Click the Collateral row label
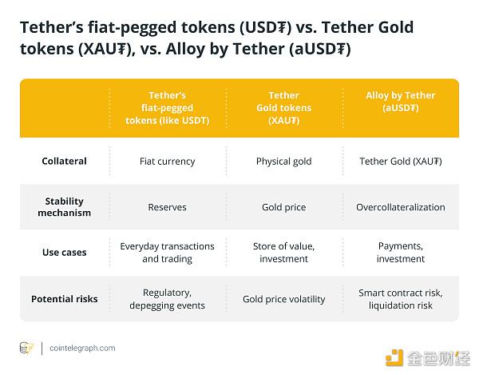[x=64, y=162]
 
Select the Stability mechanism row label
[x=64, y=207]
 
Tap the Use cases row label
[x=64, y=253]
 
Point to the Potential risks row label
[x=64, y=299]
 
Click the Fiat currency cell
[x=168, y=162]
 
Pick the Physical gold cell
[x=283, y=162]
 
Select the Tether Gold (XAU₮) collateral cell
[x=401, y=162]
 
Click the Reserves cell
[x=168, y=207]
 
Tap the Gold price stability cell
[x=283, y=207]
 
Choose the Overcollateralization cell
[x=401, y=207]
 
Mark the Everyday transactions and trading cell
[x=168, y=253]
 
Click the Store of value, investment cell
[x=283, y=253]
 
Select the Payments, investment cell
[x=401, y=253]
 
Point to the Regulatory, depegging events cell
[x=168, y=299]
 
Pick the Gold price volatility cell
[x=283, y=299]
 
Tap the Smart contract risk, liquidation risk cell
[x=401, y=299]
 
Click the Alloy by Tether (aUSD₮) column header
[x=401, y=102]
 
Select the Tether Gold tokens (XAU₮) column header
[x=283, y=108]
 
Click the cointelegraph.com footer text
[x=82, y=348]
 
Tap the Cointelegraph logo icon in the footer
[x=26, y=348]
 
